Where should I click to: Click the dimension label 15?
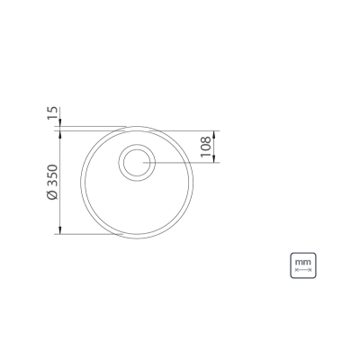[x=52, y=113]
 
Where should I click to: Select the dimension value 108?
[x=206, y=147]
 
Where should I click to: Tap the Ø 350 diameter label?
[x=52, y=182]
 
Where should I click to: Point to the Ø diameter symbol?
[x=52, y=195]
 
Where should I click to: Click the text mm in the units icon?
[x=303, y=262]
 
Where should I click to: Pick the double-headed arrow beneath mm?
[x=303, y=270]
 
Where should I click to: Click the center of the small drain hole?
[x=137, y=162]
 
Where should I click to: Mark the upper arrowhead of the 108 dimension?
[x=214, y=134]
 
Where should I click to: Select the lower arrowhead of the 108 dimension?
[x=214, y=159]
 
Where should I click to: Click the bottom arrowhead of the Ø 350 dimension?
[x=60, y=230]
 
